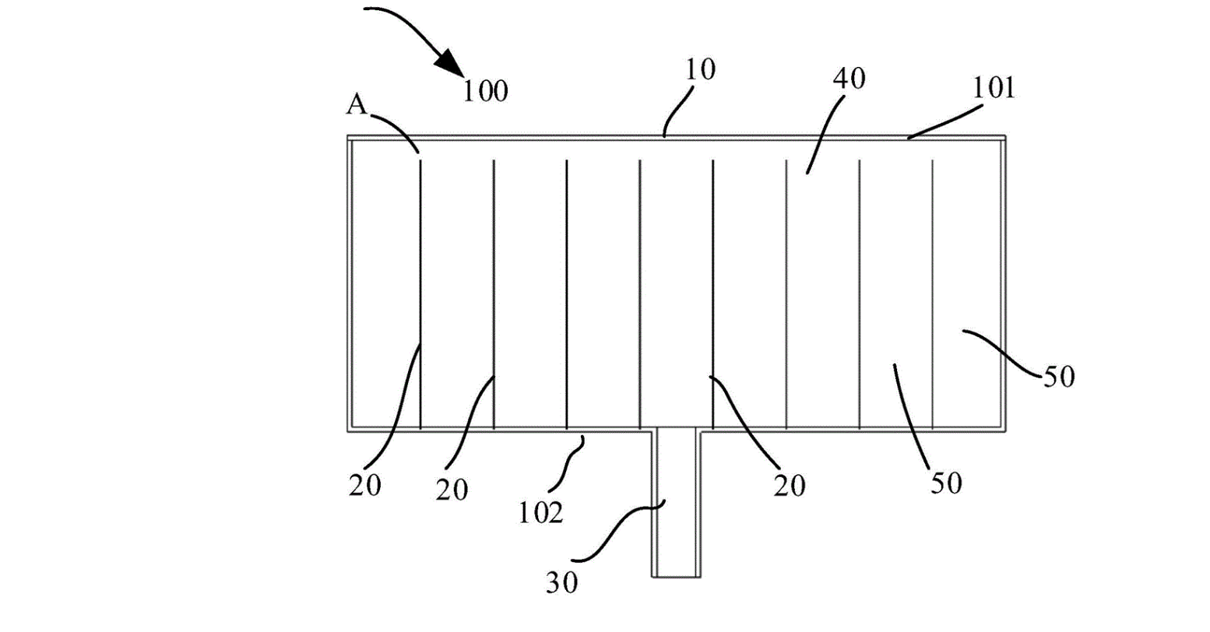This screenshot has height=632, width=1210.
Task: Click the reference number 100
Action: click(x=485, y=91)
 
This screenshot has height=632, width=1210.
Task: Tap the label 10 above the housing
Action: click(x=700, y=70)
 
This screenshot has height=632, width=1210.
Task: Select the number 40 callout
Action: click(x=849, y=80)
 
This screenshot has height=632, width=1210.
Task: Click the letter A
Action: click(x=356, y=107)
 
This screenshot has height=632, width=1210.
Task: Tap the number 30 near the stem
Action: click(x=561, y=583)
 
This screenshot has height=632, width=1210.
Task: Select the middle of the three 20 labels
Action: click(x=452, y=490)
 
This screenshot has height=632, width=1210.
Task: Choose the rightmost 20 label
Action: click(x=790, y=486)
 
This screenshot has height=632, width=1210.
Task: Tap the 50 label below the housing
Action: click(x=945, y=483)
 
